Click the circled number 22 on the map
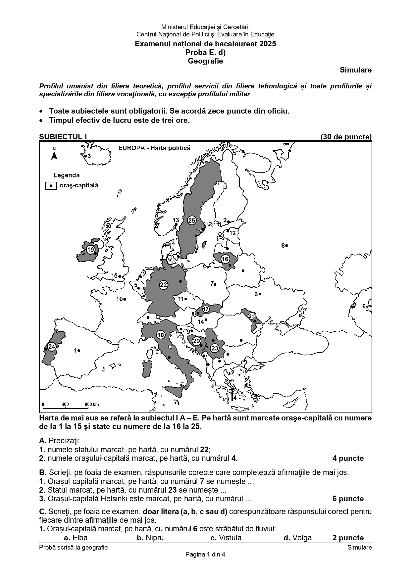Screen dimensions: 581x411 [163, 285]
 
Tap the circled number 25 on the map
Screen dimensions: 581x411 [192, 220]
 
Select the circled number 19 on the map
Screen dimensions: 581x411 [90, 250]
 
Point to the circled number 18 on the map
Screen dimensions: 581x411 [161, 335]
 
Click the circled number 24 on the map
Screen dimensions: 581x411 [51, 347]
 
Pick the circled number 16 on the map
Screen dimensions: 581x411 [225, 259]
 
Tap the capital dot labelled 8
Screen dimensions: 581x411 [286, 245]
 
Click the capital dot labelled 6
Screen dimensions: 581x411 [260, 294]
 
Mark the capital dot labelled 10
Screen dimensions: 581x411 [125, 299]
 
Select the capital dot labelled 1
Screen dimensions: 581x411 [79, 350]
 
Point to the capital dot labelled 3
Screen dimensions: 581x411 [85, 156]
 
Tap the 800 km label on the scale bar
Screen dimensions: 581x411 [92, 404]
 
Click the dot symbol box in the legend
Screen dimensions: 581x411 [51, 186]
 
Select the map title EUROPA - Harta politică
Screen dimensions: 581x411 [154, 148]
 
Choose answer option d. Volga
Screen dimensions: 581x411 [297, 538]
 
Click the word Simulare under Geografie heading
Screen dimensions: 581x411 [355, 70]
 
